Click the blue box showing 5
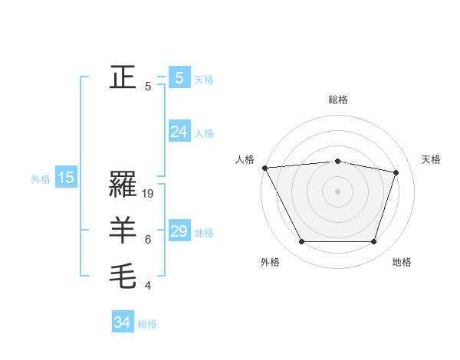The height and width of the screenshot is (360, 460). (x=179, y=78)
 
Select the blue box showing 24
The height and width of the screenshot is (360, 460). (x=179, y=132)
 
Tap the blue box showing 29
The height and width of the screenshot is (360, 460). (x=179, y=231)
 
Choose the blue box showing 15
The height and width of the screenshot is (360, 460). (x=65, y=178)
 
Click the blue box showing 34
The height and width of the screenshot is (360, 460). (x=122, y=322)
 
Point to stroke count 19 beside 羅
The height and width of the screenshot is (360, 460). (x=149, y=195)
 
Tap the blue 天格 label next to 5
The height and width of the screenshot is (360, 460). (x=204, y=80)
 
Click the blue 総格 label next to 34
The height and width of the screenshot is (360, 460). (x=147, y=324)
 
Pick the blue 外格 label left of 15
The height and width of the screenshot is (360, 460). (x=41, y=180)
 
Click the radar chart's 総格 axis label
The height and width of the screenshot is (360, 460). (x=337, y=100)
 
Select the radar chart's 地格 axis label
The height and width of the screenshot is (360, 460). (x=402, y=263)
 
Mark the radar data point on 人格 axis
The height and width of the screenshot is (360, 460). (x=264, y=167)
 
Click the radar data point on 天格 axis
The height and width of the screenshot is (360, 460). (x=396, y=172)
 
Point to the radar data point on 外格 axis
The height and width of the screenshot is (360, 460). (x=301, y=242)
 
